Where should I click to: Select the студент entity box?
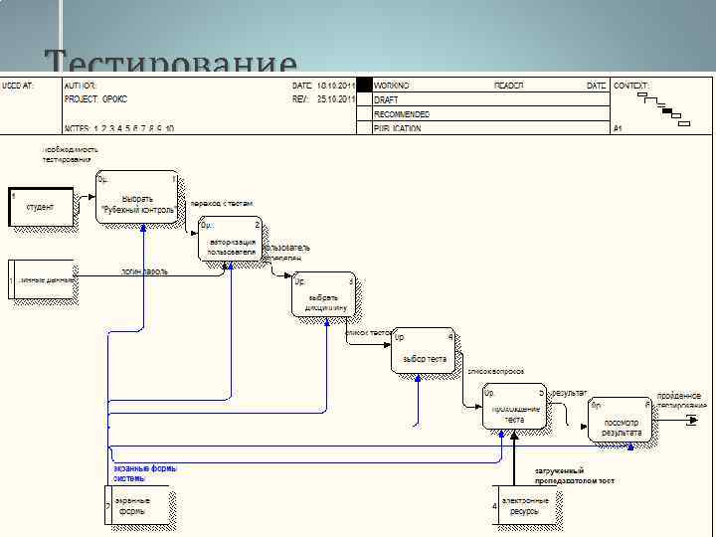41,207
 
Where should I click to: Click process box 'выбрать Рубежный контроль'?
138,199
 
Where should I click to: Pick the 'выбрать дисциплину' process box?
324,295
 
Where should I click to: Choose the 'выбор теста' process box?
424,351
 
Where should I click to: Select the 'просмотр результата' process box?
621,421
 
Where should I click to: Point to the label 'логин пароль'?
144,270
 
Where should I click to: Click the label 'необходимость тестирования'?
67,154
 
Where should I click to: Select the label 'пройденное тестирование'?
681,400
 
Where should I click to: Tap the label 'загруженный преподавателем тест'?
575,475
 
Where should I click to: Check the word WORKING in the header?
391,87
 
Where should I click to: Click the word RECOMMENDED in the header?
402,114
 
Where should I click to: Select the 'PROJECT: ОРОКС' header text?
95,99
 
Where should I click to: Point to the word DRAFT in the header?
386,100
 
